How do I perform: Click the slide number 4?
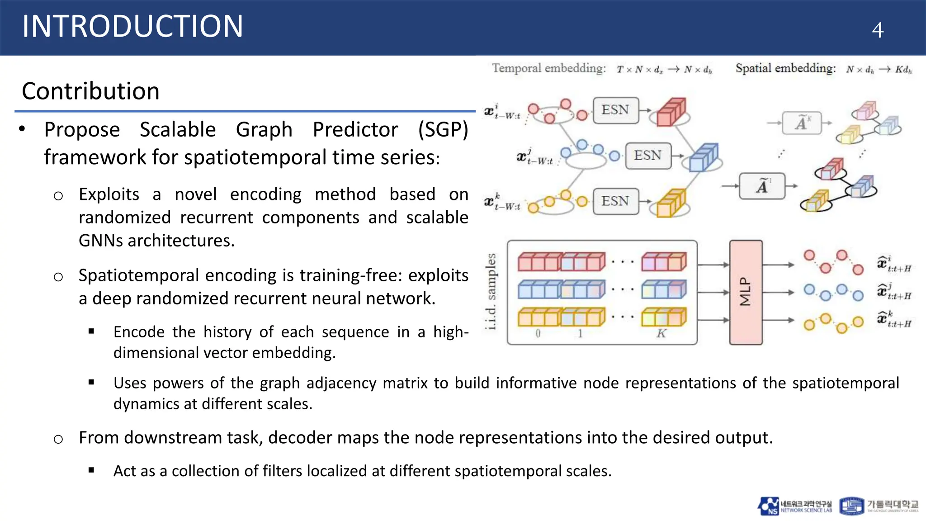point(877,30)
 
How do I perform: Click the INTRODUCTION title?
point(132,26)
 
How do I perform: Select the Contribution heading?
point(90,91)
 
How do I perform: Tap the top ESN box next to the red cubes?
point(615,110)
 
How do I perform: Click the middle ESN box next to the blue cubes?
point(648,156)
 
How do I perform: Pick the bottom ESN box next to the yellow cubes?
point(615,201)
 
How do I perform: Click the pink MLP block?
point(746,292)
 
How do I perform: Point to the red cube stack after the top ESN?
point(671,112)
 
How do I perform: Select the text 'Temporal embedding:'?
point(548,68)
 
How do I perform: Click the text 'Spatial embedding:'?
point(785,68)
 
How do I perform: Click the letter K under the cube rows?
point(661,334)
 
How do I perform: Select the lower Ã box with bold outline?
point(762,186)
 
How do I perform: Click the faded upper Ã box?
point(801,123)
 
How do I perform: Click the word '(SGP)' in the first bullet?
point(443,130)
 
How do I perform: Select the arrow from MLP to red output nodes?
point(778,265)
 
